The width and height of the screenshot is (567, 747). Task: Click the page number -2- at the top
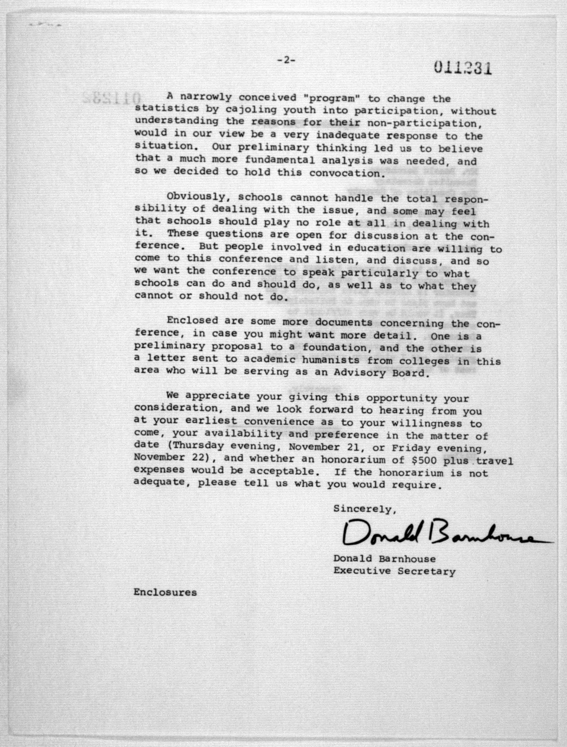286,60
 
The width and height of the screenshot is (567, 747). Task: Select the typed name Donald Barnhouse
384,559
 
